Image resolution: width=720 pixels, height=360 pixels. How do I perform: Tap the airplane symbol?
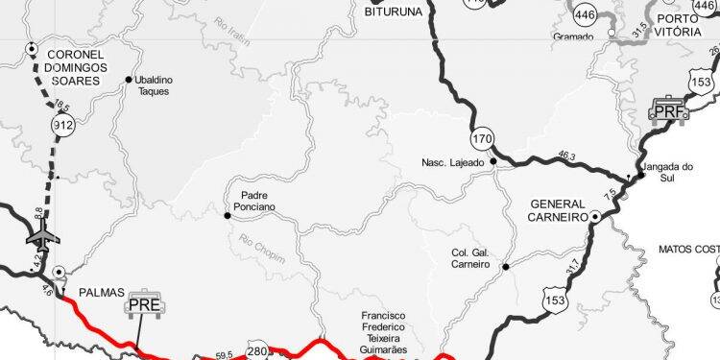click(x=41, y=233)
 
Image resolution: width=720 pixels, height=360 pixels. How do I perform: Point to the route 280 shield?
click(x=258, y=350)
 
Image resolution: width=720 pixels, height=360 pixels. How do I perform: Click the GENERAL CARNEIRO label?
click(x=557, y=211)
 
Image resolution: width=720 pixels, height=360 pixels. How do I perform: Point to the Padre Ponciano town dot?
click(x=228, y=215)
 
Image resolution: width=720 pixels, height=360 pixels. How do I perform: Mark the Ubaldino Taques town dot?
click(x=128, y=81)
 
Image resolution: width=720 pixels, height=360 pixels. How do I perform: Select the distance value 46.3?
click(x=565, y=155)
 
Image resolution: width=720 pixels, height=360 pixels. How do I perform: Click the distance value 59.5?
click(x=225, y=355)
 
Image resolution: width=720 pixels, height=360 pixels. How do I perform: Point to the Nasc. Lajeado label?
click(x=453, y=161)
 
